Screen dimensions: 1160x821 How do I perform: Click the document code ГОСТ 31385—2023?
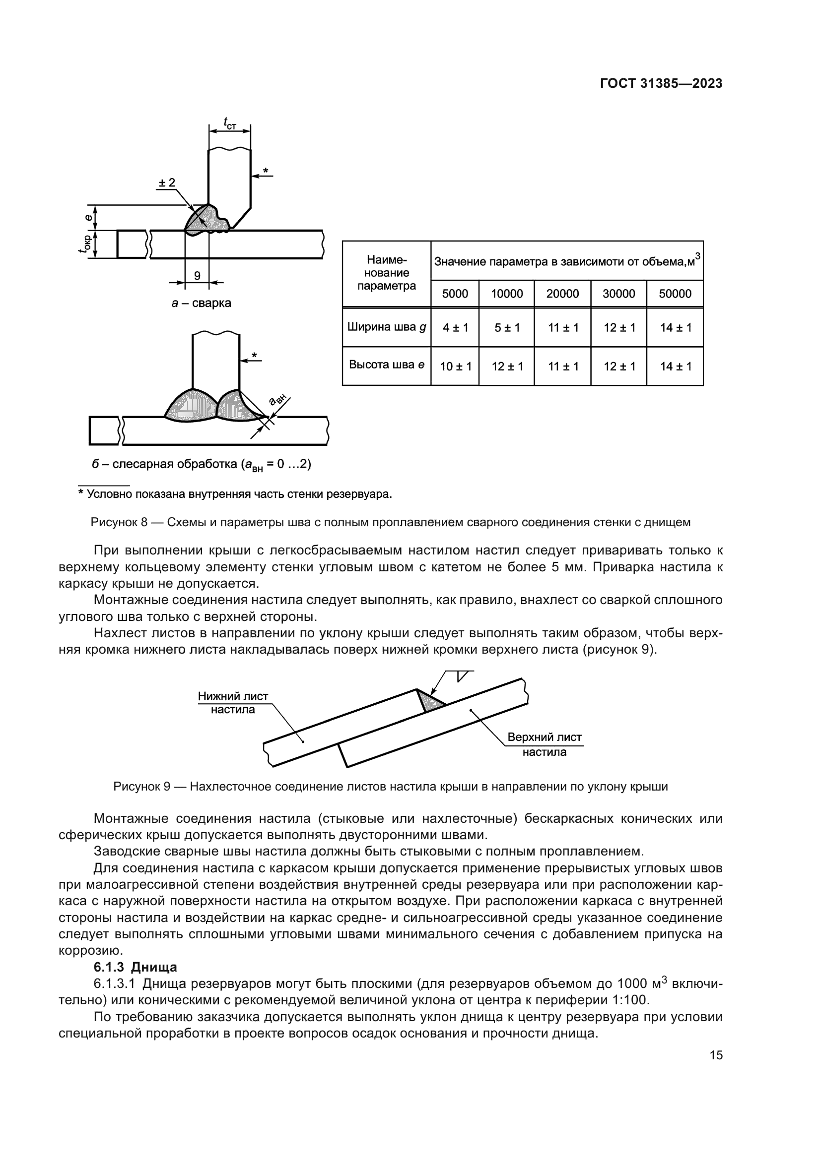click(661, 84)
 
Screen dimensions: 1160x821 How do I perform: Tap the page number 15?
click(716, 1055)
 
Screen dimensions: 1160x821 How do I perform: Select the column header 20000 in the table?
click(562, 294)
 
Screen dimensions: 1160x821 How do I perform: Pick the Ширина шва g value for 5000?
click(455, 328)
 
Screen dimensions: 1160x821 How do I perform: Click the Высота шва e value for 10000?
click(507, 367)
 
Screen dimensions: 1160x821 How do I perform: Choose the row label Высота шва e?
click(386, 365)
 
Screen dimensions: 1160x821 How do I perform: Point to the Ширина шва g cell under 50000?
click(676, 328)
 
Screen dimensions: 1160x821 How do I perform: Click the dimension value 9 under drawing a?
click(197, 276)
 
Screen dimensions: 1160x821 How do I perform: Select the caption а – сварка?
click(201, 304)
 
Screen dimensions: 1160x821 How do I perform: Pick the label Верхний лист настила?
click(544, 744)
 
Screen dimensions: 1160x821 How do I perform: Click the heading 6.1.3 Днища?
click(136, 967)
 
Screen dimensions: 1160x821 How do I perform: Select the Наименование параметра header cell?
click(386, 273)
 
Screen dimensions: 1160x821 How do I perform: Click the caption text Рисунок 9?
click(141, 787)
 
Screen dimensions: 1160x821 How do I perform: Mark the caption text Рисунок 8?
click(119, 522)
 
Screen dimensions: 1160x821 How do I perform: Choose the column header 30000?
click(618, 294)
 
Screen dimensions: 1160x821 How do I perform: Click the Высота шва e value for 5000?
click(455, 367)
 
